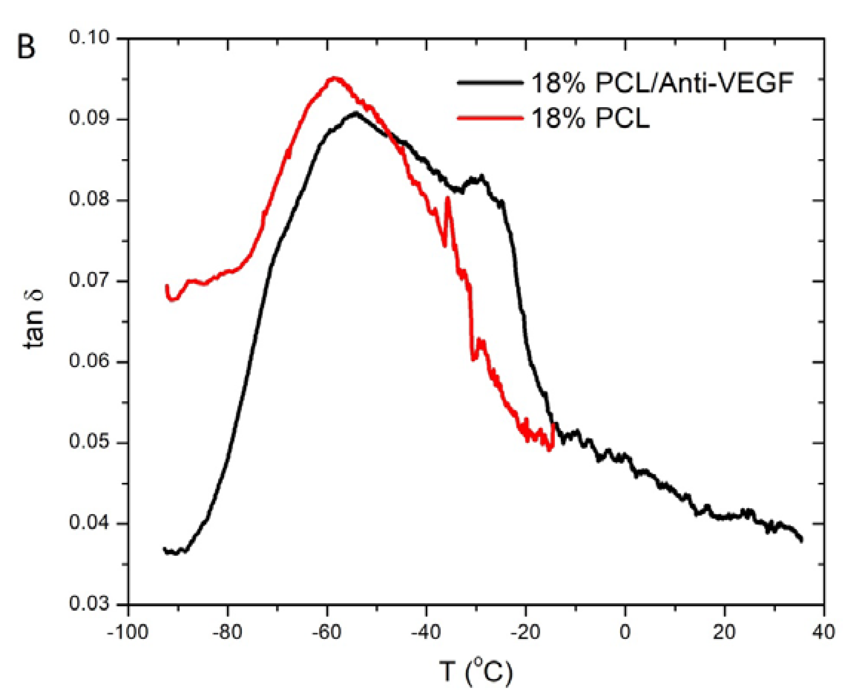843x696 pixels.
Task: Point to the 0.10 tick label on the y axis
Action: point(89,38)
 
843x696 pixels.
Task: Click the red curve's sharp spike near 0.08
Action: point(447,198)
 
